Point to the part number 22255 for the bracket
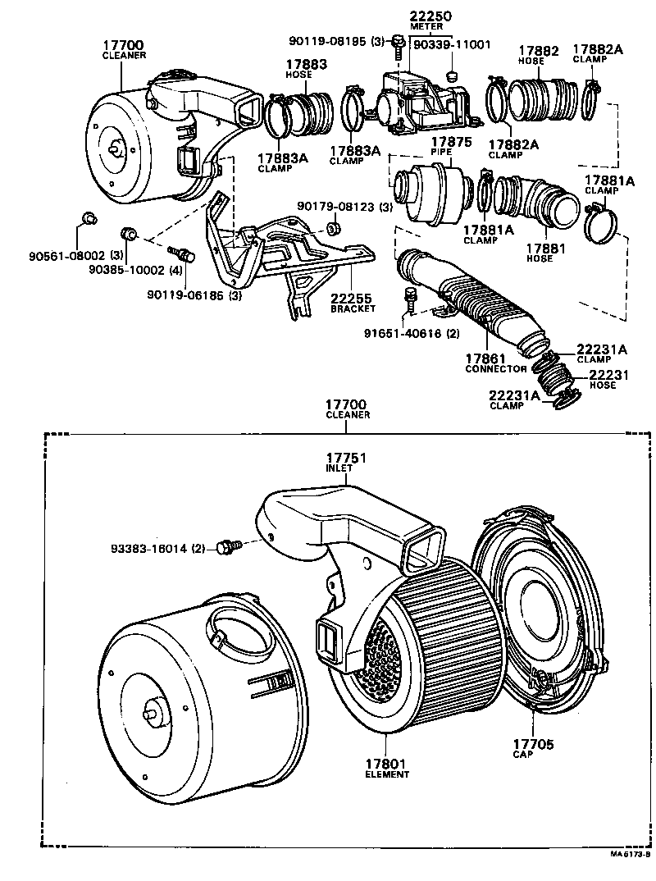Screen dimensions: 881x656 point(352,299)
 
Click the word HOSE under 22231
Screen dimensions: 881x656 point(602,386)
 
